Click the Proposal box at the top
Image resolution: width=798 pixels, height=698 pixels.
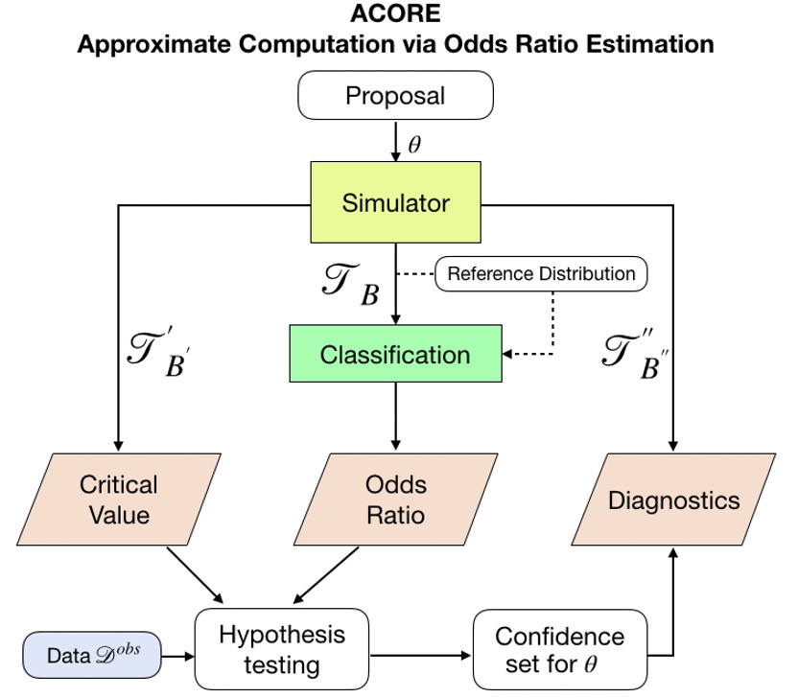395,97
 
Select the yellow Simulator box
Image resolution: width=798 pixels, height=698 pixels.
395,203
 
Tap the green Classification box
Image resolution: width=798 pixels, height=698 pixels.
395,355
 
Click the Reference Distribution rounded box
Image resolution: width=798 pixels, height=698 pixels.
541,274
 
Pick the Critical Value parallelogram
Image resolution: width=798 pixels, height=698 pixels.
119,500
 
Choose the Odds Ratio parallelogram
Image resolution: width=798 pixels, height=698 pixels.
395,500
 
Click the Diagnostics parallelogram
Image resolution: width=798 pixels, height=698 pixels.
674,500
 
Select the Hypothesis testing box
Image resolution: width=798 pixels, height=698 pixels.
282,649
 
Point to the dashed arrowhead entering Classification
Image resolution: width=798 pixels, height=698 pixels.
509,354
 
